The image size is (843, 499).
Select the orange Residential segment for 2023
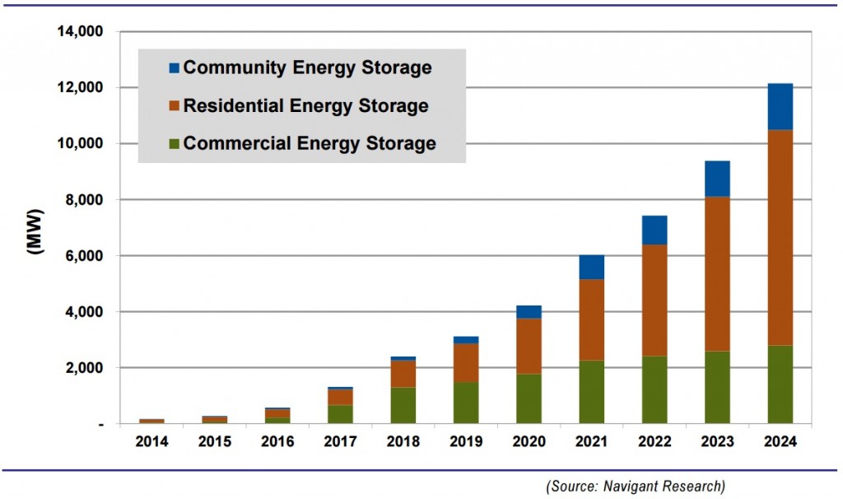click(717, 273)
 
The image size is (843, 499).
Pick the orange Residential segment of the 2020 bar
click(529, 346)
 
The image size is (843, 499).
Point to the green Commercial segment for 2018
click(403, 405)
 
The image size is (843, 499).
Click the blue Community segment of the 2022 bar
click(654, 231)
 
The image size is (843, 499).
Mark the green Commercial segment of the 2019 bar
click(465, 403)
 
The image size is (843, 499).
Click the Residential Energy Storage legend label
click(305, 106)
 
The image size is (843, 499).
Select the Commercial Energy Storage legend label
click(310, 144)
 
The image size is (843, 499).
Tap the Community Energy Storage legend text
click(307, 68)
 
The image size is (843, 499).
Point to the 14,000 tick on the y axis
click(79, 32)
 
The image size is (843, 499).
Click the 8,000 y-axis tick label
click(83, 200)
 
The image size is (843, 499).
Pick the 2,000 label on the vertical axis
click(83, 368)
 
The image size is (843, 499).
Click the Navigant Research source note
click(636, 486)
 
